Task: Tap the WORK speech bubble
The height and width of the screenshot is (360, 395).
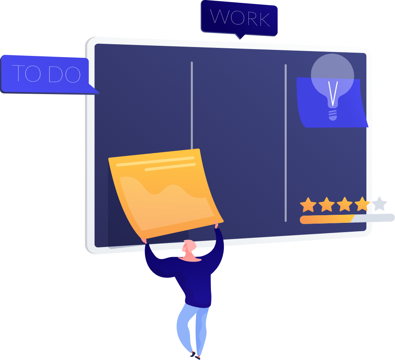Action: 239,18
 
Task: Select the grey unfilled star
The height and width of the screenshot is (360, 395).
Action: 379,204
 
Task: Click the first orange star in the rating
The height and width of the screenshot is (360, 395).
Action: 308,204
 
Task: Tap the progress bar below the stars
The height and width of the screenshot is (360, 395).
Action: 346,219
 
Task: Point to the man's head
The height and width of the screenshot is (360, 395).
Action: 189,248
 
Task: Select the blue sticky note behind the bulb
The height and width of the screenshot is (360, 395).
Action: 310,109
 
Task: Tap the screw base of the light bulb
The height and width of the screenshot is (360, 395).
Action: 332,115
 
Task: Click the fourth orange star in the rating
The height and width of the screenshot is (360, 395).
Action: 362,204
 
